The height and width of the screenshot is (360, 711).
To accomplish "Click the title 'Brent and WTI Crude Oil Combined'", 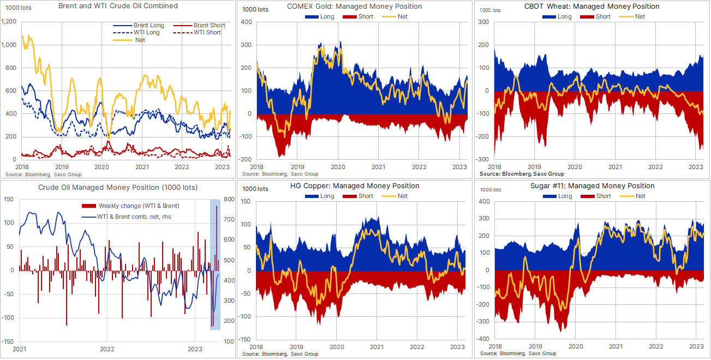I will pyautogui.click(x=118, y=6).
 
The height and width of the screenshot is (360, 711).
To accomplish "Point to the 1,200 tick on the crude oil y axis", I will pyautogui.click(x=10, y=21).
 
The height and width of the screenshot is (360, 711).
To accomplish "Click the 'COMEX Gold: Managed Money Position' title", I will pyautogui.click(x=355, y=7).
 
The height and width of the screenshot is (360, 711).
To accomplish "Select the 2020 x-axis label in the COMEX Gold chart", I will pyautogui.click(x=338, y=167).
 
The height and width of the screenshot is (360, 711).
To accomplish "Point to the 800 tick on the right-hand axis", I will pyautogui.click(x=229, y=200).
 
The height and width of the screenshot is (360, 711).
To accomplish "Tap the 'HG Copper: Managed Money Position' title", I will pyautogui.click(x=355, y=186).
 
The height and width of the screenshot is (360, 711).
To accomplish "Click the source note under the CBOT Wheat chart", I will pyautogui.click(x=522, y=173).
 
